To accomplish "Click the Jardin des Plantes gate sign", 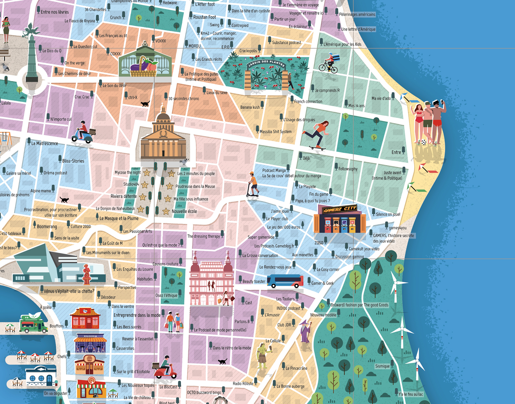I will coord(266,64).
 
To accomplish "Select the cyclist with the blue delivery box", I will coord(329,63).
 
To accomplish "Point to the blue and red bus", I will coord(285,281).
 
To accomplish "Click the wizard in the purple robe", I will coord(305,331).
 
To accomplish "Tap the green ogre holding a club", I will coord(263,357).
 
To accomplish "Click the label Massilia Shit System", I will coord(275,132).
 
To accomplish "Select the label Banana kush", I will coord(250,107).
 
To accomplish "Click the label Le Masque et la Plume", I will coord(119,218).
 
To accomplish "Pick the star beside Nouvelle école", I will coord(166,211).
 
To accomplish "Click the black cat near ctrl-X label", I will coord(145,103).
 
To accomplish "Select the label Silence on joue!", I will coord(388,214).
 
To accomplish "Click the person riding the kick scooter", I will coord(253,185).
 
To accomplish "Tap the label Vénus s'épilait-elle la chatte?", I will coord(69,291).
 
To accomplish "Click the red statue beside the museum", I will coord(87,274).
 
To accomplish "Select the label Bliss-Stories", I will coord(73,161).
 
